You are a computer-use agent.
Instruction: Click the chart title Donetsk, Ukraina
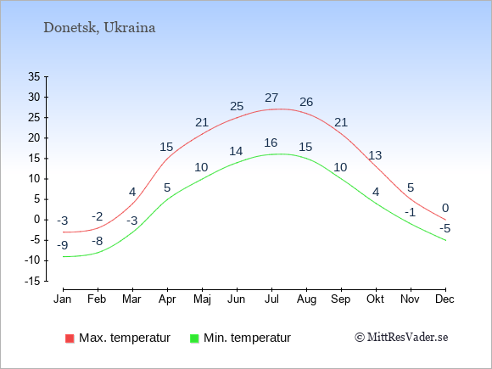click(x=99, y=28)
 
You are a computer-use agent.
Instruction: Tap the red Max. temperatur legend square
click(x=70, y=338)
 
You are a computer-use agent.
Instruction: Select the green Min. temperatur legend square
click(x=194, y=338)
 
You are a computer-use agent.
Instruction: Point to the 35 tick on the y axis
click(x=35, y=76)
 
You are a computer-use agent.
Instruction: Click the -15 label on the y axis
click(x=32, y=281)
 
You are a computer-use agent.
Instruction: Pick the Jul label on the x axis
click(x=271, y=299)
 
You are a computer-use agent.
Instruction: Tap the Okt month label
click(x=375, y=299)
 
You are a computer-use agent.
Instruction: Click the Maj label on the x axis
click(x=202, y=299)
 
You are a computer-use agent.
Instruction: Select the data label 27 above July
click(x=271, y=98)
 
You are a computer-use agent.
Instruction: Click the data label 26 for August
click(x=306, y=102)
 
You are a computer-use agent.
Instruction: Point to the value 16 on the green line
click(x=271, y=143)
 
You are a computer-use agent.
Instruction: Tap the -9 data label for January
click(x=63, y=245)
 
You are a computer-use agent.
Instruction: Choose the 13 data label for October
click(x=375, y=155)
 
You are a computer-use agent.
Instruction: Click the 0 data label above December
click(x=445, y=208)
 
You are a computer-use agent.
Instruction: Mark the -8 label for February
click(x=98, y=241)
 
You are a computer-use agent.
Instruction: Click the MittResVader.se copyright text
click(x=401, y=338)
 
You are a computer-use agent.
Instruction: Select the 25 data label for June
click(x=237, y=106)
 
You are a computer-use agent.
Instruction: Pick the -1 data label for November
click(x=410, y=212)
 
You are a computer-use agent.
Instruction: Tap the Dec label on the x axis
click(x=445, y=299)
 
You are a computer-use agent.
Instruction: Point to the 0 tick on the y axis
click(x=37, y=220)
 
